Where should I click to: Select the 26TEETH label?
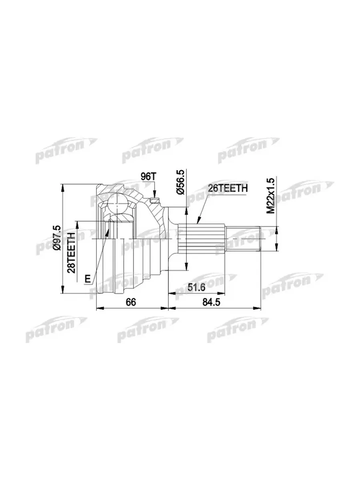228,188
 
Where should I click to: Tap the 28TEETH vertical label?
71,252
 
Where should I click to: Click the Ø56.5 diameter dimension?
181,182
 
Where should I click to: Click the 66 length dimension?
131,302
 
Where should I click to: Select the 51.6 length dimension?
196,288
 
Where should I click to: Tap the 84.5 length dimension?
211,302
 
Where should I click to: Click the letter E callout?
88,279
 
